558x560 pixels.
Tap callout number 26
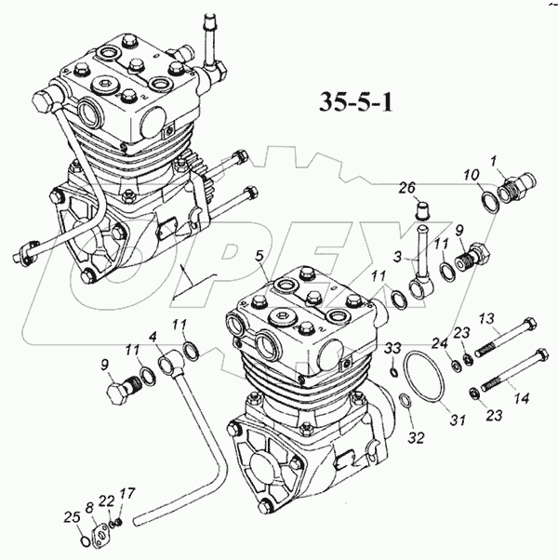405,188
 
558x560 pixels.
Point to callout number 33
393,348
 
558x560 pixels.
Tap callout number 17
126,494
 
